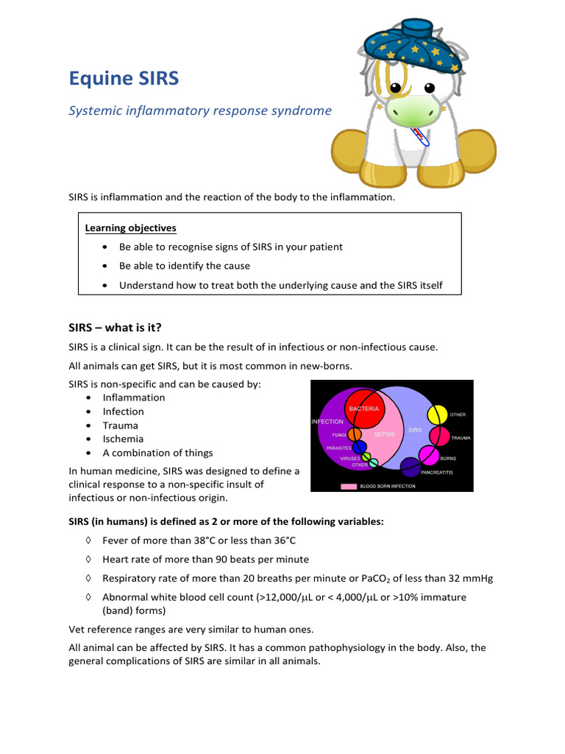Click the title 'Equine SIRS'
coord(124,78)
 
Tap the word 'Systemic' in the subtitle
coord(95,111)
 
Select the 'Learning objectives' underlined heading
coord(131,228)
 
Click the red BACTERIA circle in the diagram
coord(364,412)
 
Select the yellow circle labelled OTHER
coord(437,415)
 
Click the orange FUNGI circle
coord(355,435)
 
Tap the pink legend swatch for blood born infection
coord(348,486)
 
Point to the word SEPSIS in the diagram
coord(385,434)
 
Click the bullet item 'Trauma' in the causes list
coord(120,426)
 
